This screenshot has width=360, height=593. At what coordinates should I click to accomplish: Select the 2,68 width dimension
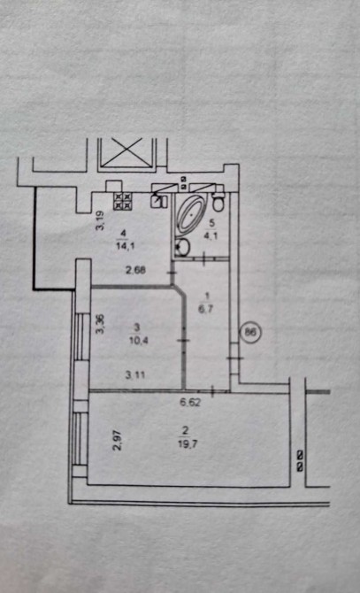pyautogui.click(x=135, y=271)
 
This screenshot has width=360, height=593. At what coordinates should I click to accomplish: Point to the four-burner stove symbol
pyautogui.click(x=123, y=200)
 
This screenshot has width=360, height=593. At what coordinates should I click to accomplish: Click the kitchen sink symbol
pyautogui.click(x=159, y=200)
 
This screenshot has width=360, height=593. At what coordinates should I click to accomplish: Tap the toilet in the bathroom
pyautogui.click(x=218, y=203)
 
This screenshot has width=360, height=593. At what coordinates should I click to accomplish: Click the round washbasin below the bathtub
pyautogui.click(x=184, y=247)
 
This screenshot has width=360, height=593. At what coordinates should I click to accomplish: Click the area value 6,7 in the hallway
pyautogui.click(x=206, y=309)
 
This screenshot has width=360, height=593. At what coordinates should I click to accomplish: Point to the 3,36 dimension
pyautogui.click(x=100, y=325)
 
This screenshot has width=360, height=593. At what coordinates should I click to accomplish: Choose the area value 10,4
pyautogui.click(x=138, y=340)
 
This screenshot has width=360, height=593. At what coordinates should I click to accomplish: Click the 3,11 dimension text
pyautogui.click(x=135, y=374)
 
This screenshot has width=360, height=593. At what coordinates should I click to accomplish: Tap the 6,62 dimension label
pyautogui.click(x=190, y=403)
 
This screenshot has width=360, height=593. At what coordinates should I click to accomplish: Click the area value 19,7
pyautogui.click(x=188, y=443)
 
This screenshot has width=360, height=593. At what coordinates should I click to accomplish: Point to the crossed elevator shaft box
pyautogui.click(x=126, y=152)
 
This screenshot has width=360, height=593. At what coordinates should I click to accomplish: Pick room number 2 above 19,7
pyautogui.click(x=186, y=429)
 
